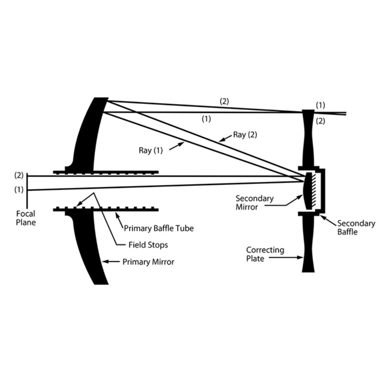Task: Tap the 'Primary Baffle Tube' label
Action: coord(159,228)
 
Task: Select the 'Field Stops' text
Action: coord(148,245)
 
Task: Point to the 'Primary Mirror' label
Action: coord(148,261)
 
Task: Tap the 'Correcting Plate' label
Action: coord(265,253)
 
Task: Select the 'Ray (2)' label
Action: coord(244,135)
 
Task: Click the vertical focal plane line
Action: coord(27,183)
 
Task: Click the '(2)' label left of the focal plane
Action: coord(19,176)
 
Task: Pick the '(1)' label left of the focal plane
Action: coord(19,190)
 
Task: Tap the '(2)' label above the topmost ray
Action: coord(224,100)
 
